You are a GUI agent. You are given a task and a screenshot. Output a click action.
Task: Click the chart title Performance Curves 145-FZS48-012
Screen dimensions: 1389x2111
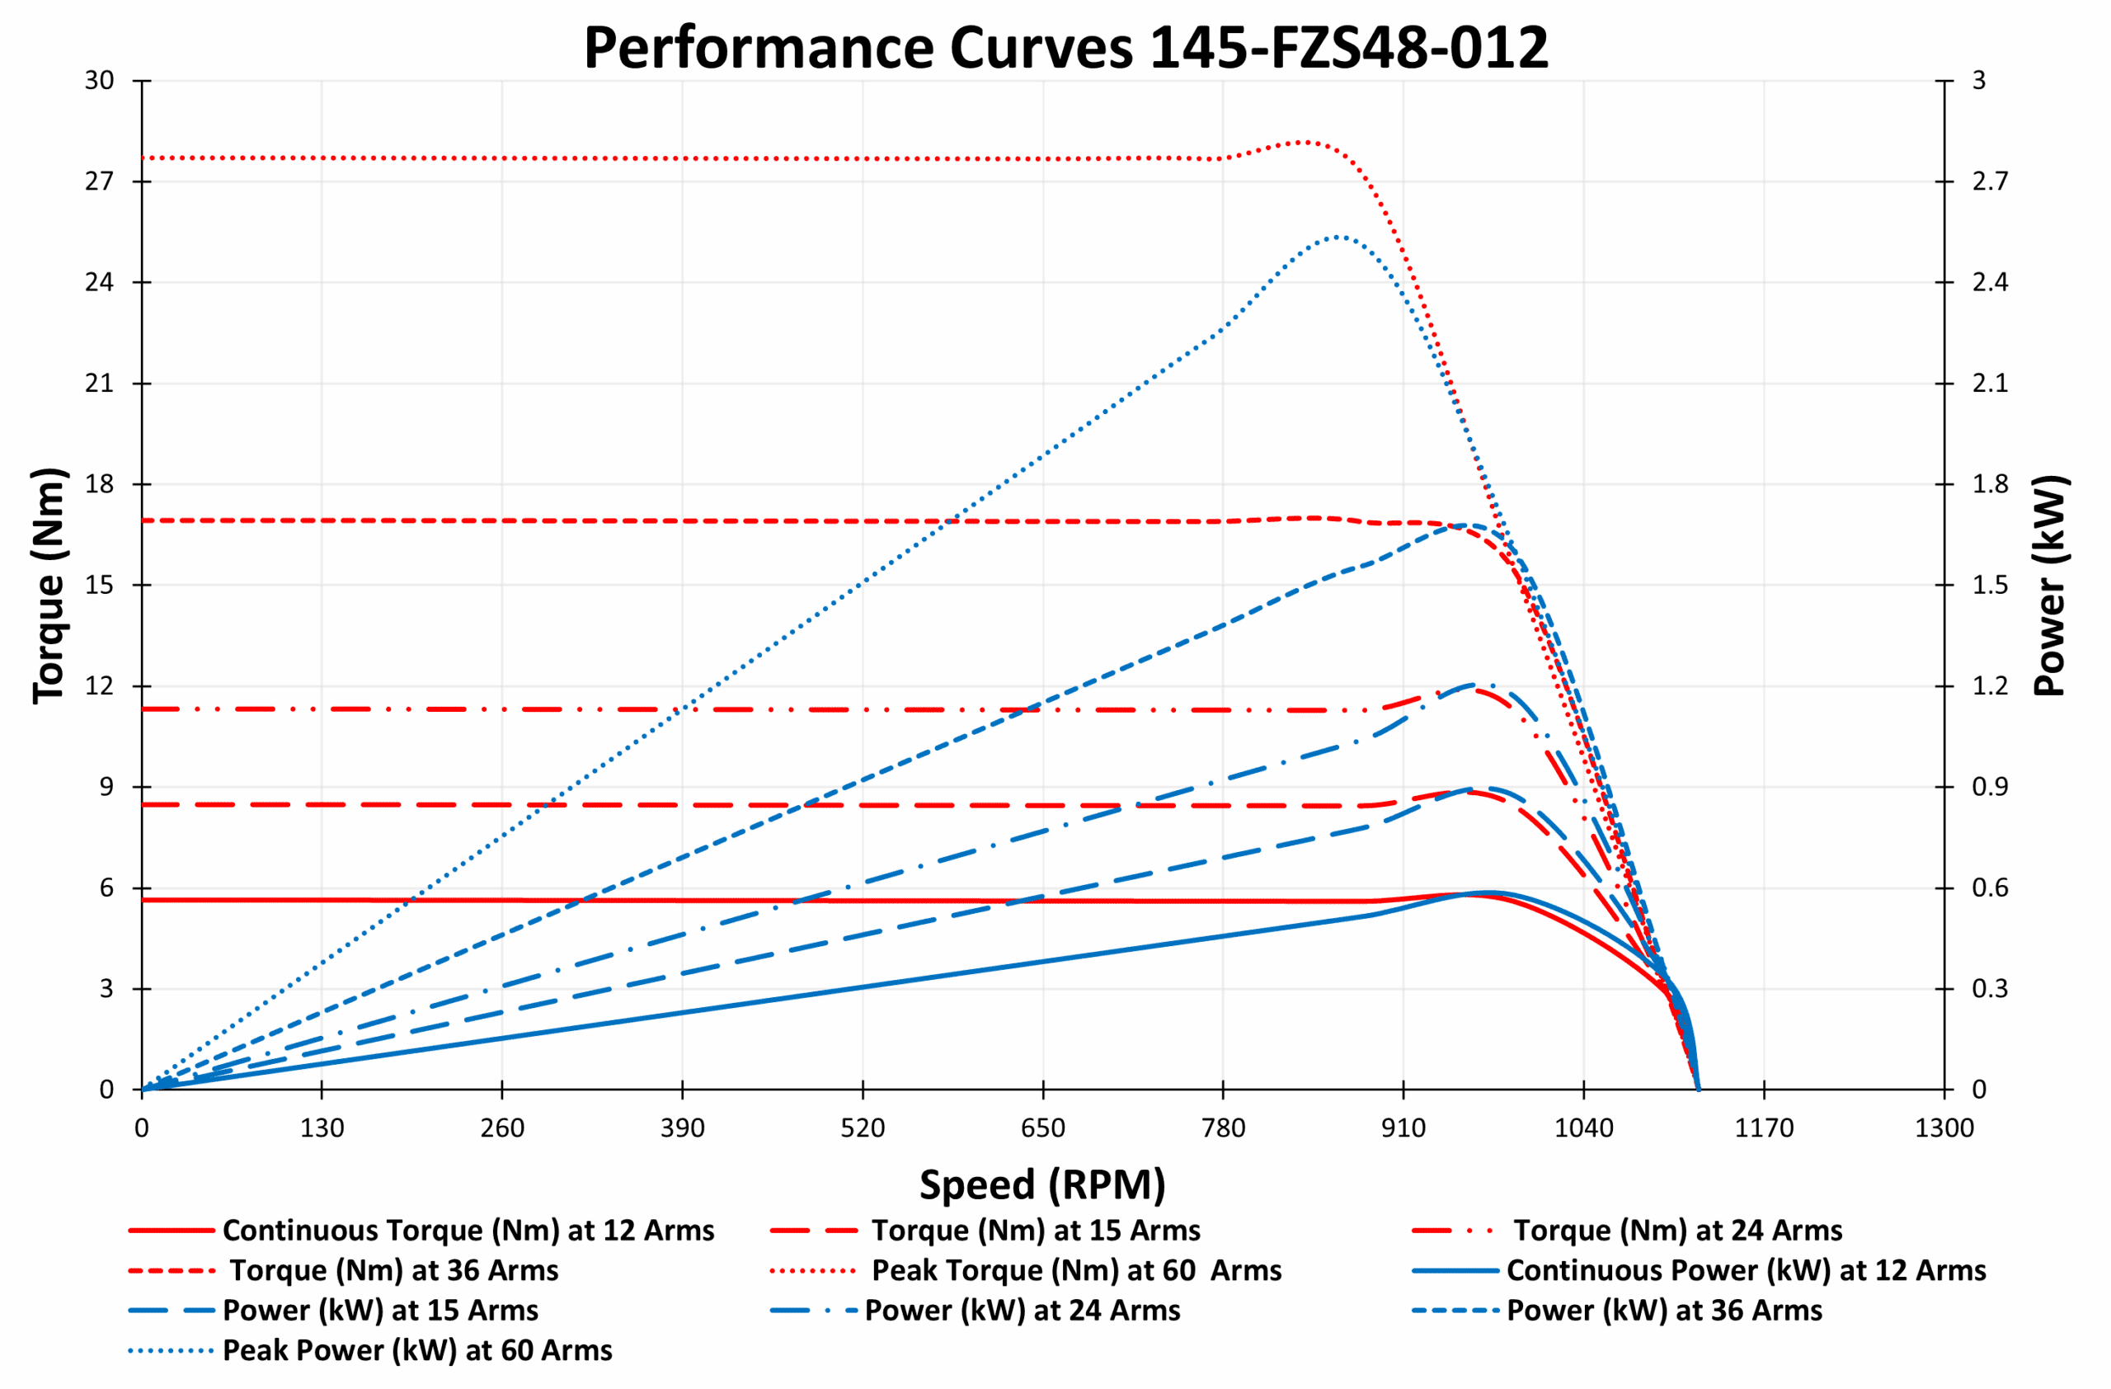1065,48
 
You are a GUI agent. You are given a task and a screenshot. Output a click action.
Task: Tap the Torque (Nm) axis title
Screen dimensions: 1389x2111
49,586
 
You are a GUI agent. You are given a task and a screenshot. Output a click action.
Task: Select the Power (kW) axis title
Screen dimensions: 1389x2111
2050,586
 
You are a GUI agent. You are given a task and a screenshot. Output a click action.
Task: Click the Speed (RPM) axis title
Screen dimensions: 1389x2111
1042,1185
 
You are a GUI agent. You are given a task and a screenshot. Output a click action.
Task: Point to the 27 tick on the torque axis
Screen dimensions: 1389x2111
101,181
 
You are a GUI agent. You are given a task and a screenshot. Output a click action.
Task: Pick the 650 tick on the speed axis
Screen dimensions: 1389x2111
1043,1129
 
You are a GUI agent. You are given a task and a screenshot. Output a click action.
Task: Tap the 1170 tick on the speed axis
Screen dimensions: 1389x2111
1763,1129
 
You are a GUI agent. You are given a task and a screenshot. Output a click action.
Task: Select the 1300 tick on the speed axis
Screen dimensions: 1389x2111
1944,1129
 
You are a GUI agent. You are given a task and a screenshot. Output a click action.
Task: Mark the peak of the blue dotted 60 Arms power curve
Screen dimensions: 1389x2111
1338,237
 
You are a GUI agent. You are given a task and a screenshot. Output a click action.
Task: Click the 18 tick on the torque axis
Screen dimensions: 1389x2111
101,484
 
